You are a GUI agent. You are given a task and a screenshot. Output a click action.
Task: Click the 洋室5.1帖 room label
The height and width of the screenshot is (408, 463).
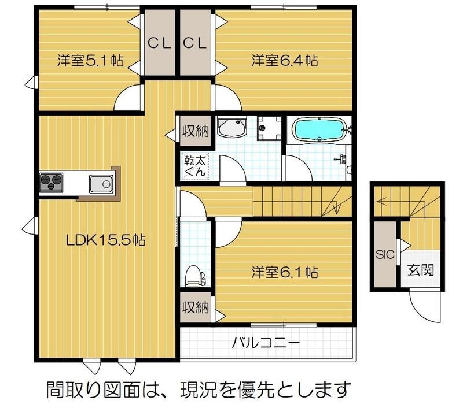[x=90, y=61]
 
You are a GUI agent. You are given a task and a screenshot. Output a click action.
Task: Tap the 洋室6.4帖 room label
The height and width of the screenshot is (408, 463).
[x=284, y=60]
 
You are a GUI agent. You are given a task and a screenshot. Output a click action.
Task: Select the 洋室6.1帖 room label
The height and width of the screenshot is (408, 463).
[x=284, y=272]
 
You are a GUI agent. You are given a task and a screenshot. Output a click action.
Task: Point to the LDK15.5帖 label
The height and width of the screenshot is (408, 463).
[x=105, y=241]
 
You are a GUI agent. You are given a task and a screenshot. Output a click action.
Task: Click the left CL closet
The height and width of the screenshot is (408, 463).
[x=159, y=43]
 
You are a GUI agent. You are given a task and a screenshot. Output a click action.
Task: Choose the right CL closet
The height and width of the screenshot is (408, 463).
[x=195, y=43]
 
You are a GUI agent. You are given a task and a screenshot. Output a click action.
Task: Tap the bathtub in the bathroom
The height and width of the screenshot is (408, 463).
[x=319, y=129]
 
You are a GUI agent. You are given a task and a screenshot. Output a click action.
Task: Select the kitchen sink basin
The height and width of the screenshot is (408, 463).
[x=100, y=184]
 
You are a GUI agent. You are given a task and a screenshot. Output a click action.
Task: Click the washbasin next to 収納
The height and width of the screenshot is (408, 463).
[x=233, y=128]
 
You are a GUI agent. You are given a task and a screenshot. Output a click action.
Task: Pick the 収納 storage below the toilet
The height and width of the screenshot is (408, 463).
[x=194, y=306]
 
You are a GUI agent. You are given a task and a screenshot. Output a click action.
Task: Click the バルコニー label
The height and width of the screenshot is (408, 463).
[x=266, y=343]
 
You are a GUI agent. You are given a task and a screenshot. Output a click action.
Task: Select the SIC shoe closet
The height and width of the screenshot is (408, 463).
[x=384, y=254]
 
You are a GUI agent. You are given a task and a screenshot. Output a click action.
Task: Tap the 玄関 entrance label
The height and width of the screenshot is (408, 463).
[x=420, y=269]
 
